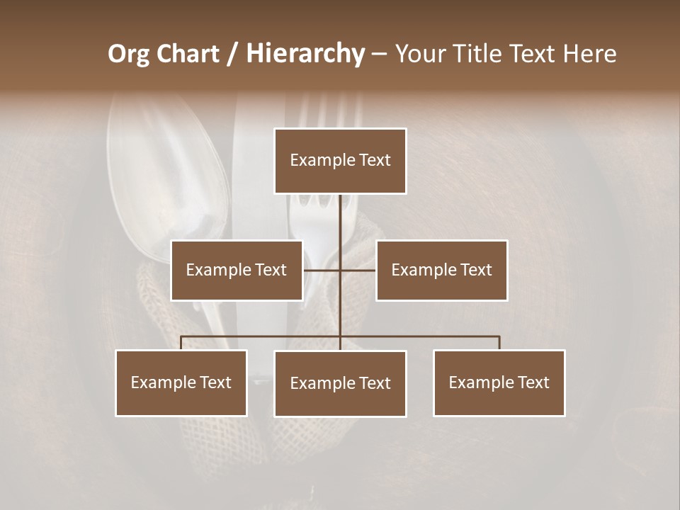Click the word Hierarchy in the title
pyautogui.click(x=305, y=54)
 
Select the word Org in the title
pyautogui.click(x=130, y=54)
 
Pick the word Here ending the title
pyautogui.click(x=590, y=54)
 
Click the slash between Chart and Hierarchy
pyautogui.click(x=233, y=54)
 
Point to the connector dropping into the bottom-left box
pyautogui.click(x=181, y=343)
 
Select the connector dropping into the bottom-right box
pyautogui.click(x=499, y=343)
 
